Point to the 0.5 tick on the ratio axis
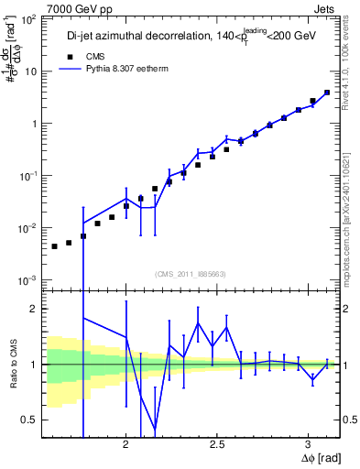click(x=29, y=420)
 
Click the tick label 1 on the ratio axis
click(x=35, y=365)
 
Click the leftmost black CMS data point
click(x=54, y=246)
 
